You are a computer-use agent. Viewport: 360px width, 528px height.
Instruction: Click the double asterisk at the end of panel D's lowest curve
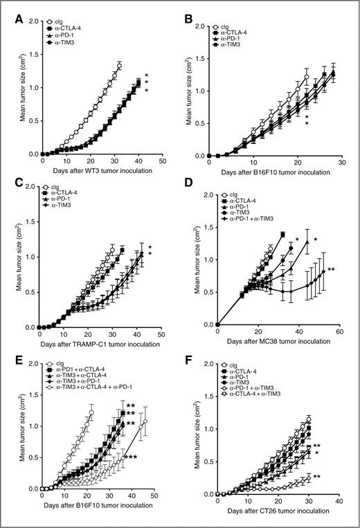331,270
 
